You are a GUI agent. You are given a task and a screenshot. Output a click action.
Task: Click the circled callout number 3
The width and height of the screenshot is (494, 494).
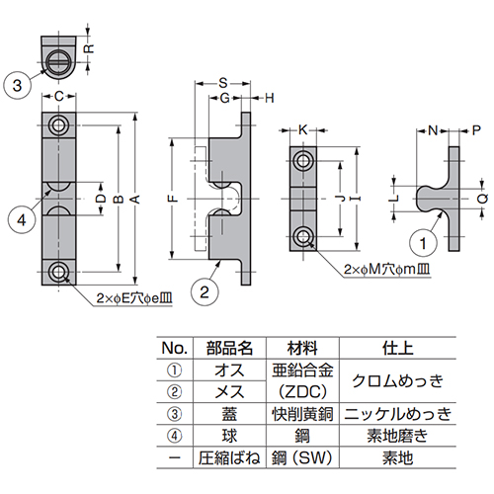click(19, 86)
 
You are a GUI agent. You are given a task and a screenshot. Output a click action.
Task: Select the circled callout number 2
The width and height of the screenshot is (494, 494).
click(203, 290)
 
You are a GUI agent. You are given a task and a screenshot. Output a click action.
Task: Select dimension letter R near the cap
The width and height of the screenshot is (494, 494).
click(89, 46)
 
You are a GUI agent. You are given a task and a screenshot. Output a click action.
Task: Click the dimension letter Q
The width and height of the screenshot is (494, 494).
click(481, 198)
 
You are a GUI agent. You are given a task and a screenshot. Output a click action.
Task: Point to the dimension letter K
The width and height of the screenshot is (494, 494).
click(303, 129)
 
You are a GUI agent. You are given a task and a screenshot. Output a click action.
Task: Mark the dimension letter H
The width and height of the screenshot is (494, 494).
click(270, 99)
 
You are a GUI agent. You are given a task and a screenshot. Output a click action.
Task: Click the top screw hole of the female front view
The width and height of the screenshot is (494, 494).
click(60, 126)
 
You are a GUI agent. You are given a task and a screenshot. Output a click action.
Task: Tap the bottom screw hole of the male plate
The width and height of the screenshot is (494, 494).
click(304, 235)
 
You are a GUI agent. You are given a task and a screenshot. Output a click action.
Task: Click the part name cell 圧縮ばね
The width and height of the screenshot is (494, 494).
click(229, 460)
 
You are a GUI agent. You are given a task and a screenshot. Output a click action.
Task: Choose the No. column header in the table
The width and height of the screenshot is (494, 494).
click(173, 348)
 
